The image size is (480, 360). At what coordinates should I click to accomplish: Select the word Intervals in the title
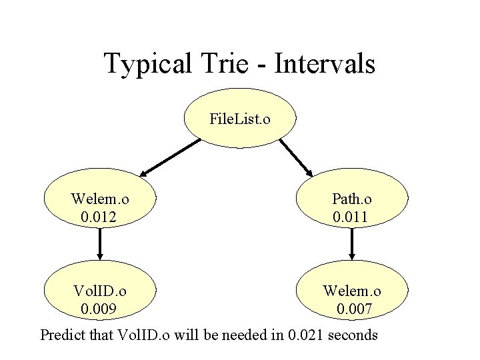(325, 64)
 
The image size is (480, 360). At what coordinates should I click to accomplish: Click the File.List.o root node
(240, 119)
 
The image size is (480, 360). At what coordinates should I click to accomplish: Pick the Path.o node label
(352, 199)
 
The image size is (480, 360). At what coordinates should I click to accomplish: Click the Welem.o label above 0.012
(100, 199)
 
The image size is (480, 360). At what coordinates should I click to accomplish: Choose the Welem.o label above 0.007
(352, 291)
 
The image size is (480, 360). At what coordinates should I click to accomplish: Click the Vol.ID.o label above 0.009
(100, 291)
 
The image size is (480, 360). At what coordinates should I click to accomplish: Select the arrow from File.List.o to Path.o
(296, 156)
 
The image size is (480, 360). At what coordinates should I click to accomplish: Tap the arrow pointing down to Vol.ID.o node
(100, 244)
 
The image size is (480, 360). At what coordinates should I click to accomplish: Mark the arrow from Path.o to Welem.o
(352, 244)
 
